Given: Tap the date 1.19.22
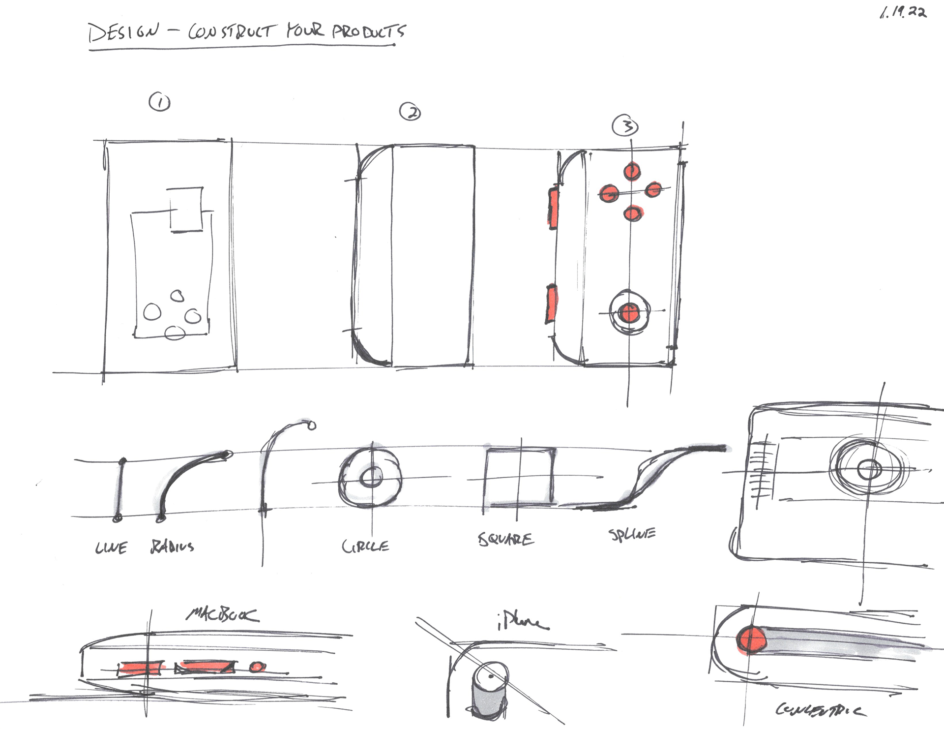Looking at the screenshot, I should (x=903, y=12).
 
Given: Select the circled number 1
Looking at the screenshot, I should (x=159, y=102).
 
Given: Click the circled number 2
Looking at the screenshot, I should (x=410, y=112).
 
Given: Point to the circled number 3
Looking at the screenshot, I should (x=625, y=126).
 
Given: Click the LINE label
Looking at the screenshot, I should (x=111, y=547).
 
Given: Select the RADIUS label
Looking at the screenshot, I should (x=172, y=547).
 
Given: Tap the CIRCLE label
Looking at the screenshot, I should (x=365, y=546).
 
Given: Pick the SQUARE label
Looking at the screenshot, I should (x=505, y=539).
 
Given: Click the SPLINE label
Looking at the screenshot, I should (x=632, y=534).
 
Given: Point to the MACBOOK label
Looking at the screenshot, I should (x=222, y=615).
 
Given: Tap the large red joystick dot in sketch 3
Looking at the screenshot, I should (x=628, y=312).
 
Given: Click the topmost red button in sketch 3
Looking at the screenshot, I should (x=632, y=172).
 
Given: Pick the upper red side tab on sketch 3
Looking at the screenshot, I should (x=553, y=207).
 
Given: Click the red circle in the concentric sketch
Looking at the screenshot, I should (x=751, y=640).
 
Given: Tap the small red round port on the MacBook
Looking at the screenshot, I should (x=257, y=668).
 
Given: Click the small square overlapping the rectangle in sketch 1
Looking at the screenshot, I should (x=186, y=209).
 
